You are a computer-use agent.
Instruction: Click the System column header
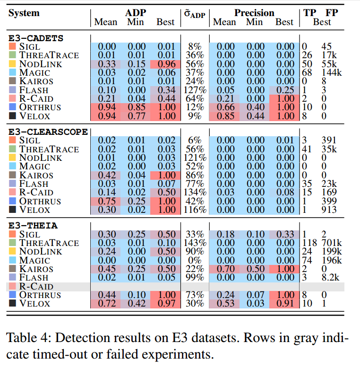(x=24, y=13)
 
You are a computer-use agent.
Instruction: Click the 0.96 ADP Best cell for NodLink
(x=165, y=63)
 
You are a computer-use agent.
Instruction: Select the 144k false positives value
(x=331, y=72)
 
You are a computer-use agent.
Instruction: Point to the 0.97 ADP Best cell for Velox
(x=165, y=304)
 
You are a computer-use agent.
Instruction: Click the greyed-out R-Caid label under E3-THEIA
(x=36, y=287)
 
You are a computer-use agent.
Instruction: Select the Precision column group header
(x=253, y=13)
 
